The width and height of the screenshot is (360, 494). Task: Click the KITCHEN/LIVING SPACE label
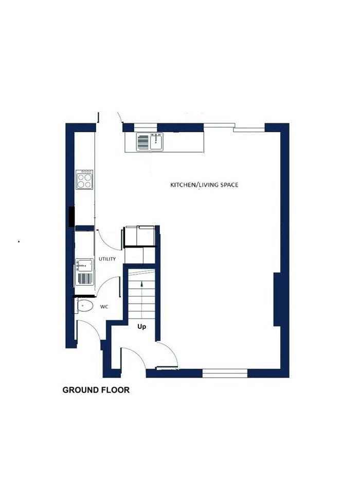pos(204,185)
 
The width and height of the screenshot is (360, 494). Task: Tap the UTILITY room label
pos(107,259)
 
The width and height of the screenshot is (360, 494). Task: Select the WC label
pos(104,307)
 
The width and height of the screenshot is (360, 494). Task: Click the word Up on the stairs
pos(142,327)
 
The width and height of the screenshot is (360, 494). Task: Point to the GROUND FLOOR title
pos(96,390)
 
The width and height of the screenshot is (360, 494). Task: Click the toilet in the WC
pos(84,306)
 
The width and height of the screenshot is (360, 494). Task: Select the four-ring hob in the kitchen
pos(84,180)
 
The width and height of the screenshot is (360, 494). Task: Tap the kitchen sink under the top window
pos(156,142)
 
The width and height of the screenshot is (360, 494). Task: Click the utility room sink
pos(84,266)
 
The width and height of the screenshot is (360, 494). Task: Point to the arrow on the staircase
pos(142,299)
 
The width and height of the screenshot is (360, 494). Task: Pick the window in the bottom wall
pos(225,374)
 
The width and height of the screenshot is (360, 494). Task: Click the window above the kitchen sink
pos(146,127)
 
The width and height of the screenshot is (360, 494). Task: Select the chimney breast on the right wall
pos(277,299)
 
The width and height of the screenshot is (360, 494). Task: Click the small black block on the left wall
pos(72,217)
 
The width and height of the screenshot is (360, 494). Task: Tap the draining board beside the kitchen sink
pos(142,142)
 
